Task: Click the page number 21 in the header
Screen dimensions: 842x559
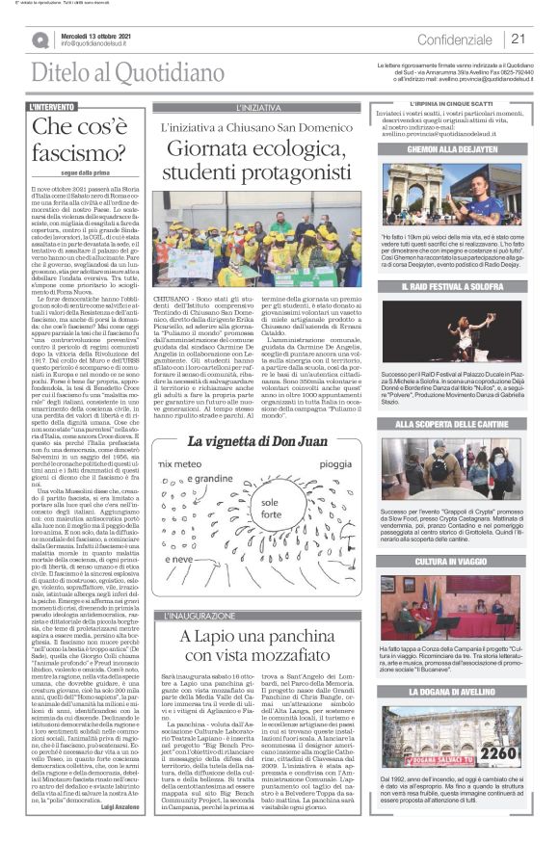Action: point(519,39)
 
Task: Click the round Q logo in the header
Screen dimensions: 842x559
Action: point(40,39)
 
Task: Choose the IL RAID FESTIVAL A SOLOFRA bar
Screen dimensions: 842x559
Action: point(466,287)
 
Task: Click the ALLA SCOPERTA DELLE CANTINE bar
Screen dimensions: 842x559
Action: point(466,424)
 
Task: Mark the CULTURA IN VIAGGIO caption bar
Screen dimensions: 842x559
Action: point(466,560)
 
